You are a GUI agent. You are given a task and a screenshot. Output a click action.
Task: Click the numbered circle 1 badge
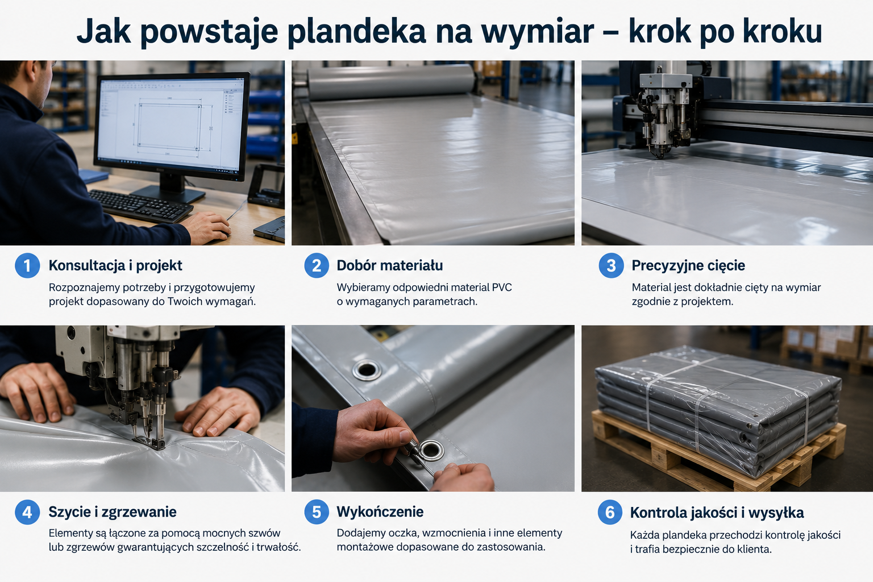pos(27,265)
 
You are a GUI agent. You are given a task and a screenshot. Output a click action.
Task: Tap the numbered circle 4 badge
pos(27,512)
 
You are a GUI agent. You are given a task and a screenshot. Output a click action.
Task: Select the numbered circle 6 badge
pos(610,512)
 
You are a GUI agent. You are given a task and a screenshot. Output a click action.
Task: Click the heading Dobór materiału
pos(390,265)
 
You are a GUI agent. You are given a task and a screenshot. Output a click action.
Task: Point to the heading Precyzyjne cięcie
pos(688,265)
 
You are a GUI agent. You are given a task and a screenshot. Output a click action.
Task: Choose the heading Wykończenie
pos(380,512)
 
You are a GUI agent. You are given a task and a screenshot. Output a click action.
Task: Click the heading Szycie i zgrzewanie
pos(112,512)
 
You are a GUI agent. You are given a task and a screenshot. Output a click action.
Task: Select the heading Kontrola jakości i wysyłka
pos(717,513)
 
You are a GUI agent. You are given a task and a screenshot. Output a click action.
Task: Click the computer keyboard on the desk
pos(140,205)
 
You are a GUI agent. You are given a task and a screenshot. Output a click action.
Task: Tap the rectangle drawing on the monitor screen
pos(169,127)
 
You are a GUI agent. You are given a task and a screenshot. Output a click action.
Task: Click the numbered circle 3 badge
pos(611,265)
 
